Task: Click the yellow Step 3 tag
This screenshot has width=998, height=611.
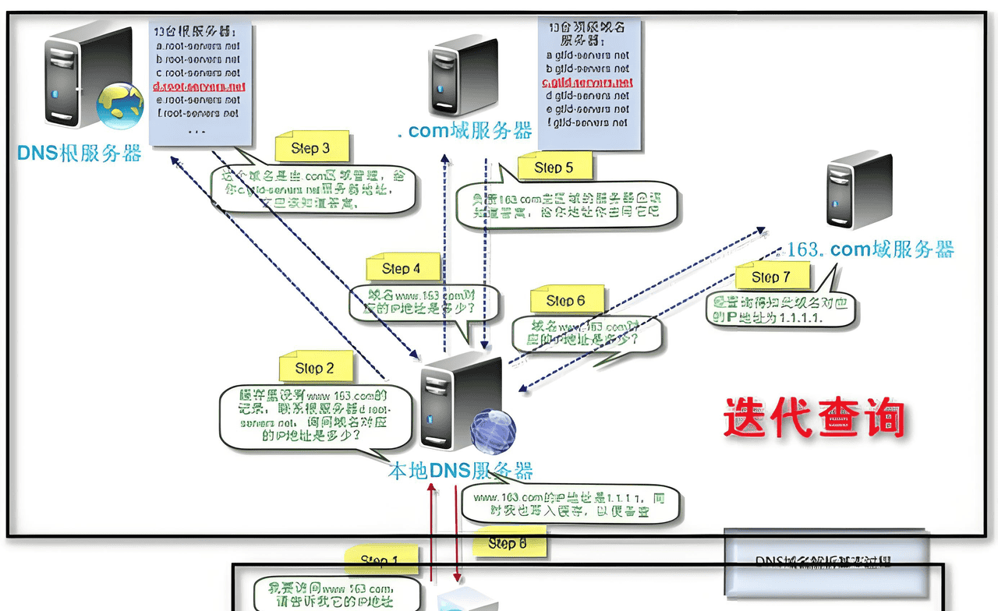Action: pyautogui.click(x=310, y=148)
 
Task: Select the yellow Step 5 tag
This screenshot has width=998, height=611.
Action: pyautogui.click(x=554, y=168)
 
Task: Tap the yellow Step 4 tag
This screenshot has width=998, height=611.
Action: pyautogui.click(x=402, y=269)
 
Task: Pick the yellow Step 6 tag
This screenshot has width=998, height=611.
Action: pyautogui.click(x=566, y=301)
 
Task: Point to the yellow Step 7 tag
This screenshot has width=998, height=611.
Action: pyautogui.click(x=770, y=277)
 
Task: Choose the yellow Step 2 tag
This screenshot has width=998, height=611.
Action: pyautogui.click(x=314, y=368)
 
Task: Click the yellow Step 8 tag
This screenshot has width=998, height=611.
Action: pyautogui.click(x=507, y=543)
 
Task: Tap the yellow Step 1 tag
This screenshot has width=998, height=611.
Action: pyautogui.click(x=379, y=560)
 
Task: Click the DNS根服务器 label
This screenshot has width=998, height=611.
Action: pyautogui.click(x=80, y=153)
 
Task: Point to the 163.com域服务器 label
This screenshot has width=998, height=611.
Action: pyautogui.click(x=870, y=249)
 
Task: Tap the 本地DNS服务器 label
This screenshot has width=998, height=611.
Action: pyautogui.click(x=461, y=471)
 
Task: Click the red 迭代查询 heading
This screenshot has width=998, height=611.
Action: pyautogui.click(x=814, y=419)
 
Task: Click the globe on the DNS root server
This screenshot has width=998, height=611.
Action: pyautogui.click(x=120, y=104)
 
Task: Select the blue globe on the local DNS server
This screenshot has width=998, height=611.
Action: pyautogui.click(x=492, y=431)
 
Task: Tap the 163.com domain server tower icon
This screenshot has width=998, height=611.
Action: pyautogui.click(x=859, y=190)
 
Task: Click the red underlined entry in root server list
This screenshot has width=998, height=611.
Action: pyautogui.click(x=199, y=87)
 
